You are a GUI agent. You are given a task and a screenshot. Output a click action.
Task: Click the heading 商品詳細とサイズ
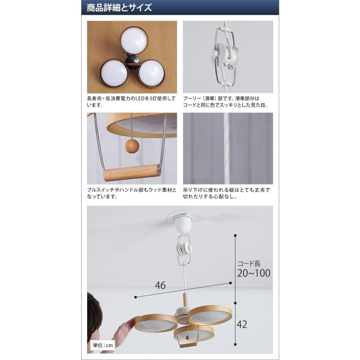(x=119, y=8)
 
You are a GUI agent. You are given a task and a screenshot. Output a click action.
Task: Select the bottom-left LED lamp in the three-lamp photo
(x=114, y=74)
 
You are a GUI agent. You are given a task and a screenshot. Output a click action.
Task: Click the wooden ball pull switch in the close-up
(x=132, y=146)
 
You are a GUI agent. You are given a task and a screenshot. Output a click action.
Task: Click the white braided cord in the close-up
(x=227, y=148)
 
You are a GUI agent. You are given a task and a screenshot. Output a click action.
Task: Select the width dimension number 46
(x=160, y=286)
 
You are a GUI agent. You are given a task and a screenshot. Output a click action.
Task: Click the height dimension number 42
(x=242, y=324)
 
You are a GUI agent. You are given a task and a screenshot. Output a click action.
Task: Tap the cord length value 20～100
(x=254, y=273)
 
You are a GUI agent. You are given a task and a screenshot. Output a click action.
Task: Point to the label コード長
(x=249, y=264)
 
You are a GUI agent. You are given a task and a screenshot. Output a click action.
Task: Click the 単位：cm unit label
(x=103, y=345)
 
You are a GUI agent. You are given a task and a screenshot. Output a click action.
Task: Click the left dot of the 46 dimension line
(x=136, y=297)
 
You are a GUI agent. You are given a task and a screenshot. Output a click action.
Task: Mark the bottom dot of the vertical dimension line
(x=235, y=344)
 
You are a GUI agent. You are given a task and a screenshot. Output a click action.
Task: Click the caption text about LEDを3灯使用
(x=131, y=102)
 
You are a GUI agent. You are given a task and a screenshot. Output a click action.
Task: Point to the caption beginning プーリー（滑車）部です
(x=226, y=102)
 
